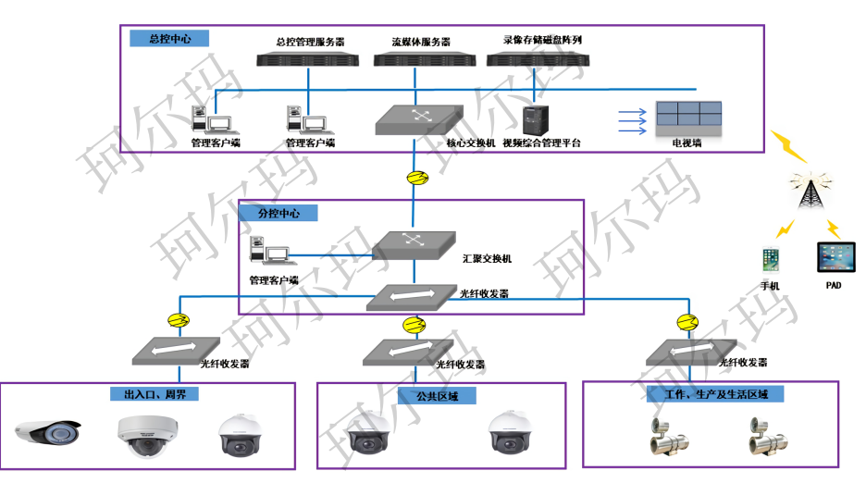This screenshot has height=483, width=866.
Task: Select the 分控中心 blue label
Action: [278, 213]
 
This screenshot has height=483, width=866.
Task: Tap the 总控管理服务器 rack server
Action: [308, 59]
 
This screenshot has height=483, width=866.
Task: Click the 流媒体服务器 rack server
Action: [421, 59]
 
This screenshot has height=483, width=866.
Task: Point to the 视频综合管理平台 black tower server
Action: [536, 120]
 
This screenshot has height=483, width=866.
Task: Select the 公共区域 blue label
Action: [429, 396]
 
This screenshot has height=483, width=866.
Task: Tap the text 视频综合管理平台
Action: [541, 143]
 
